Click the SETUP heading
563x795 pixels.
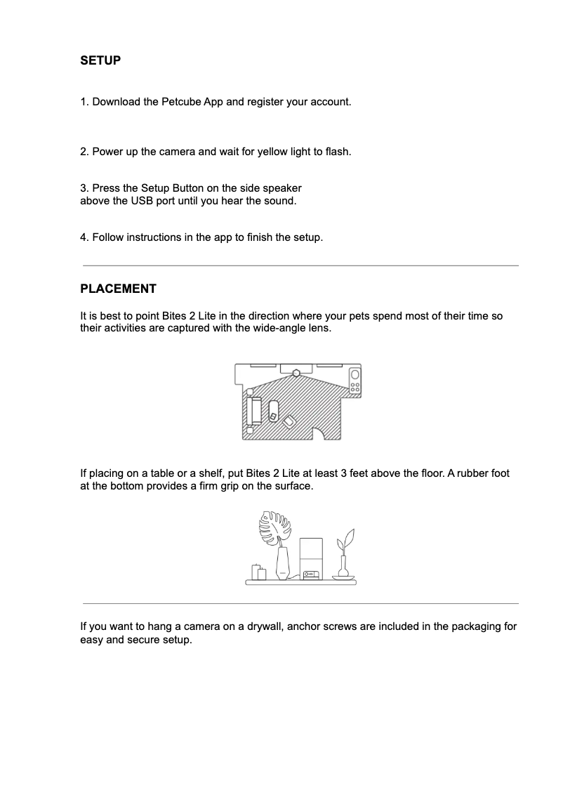100,60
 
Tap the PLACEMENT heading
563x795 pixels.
118,289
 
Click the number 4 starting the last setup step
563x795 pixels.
84,237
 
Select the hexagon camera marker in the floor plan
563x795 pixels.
298,373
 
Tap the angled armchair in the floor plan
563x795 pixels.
289,421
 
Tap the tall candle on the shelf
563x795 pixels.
262,574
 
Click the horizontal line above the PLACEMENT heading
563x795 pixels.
300,265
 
